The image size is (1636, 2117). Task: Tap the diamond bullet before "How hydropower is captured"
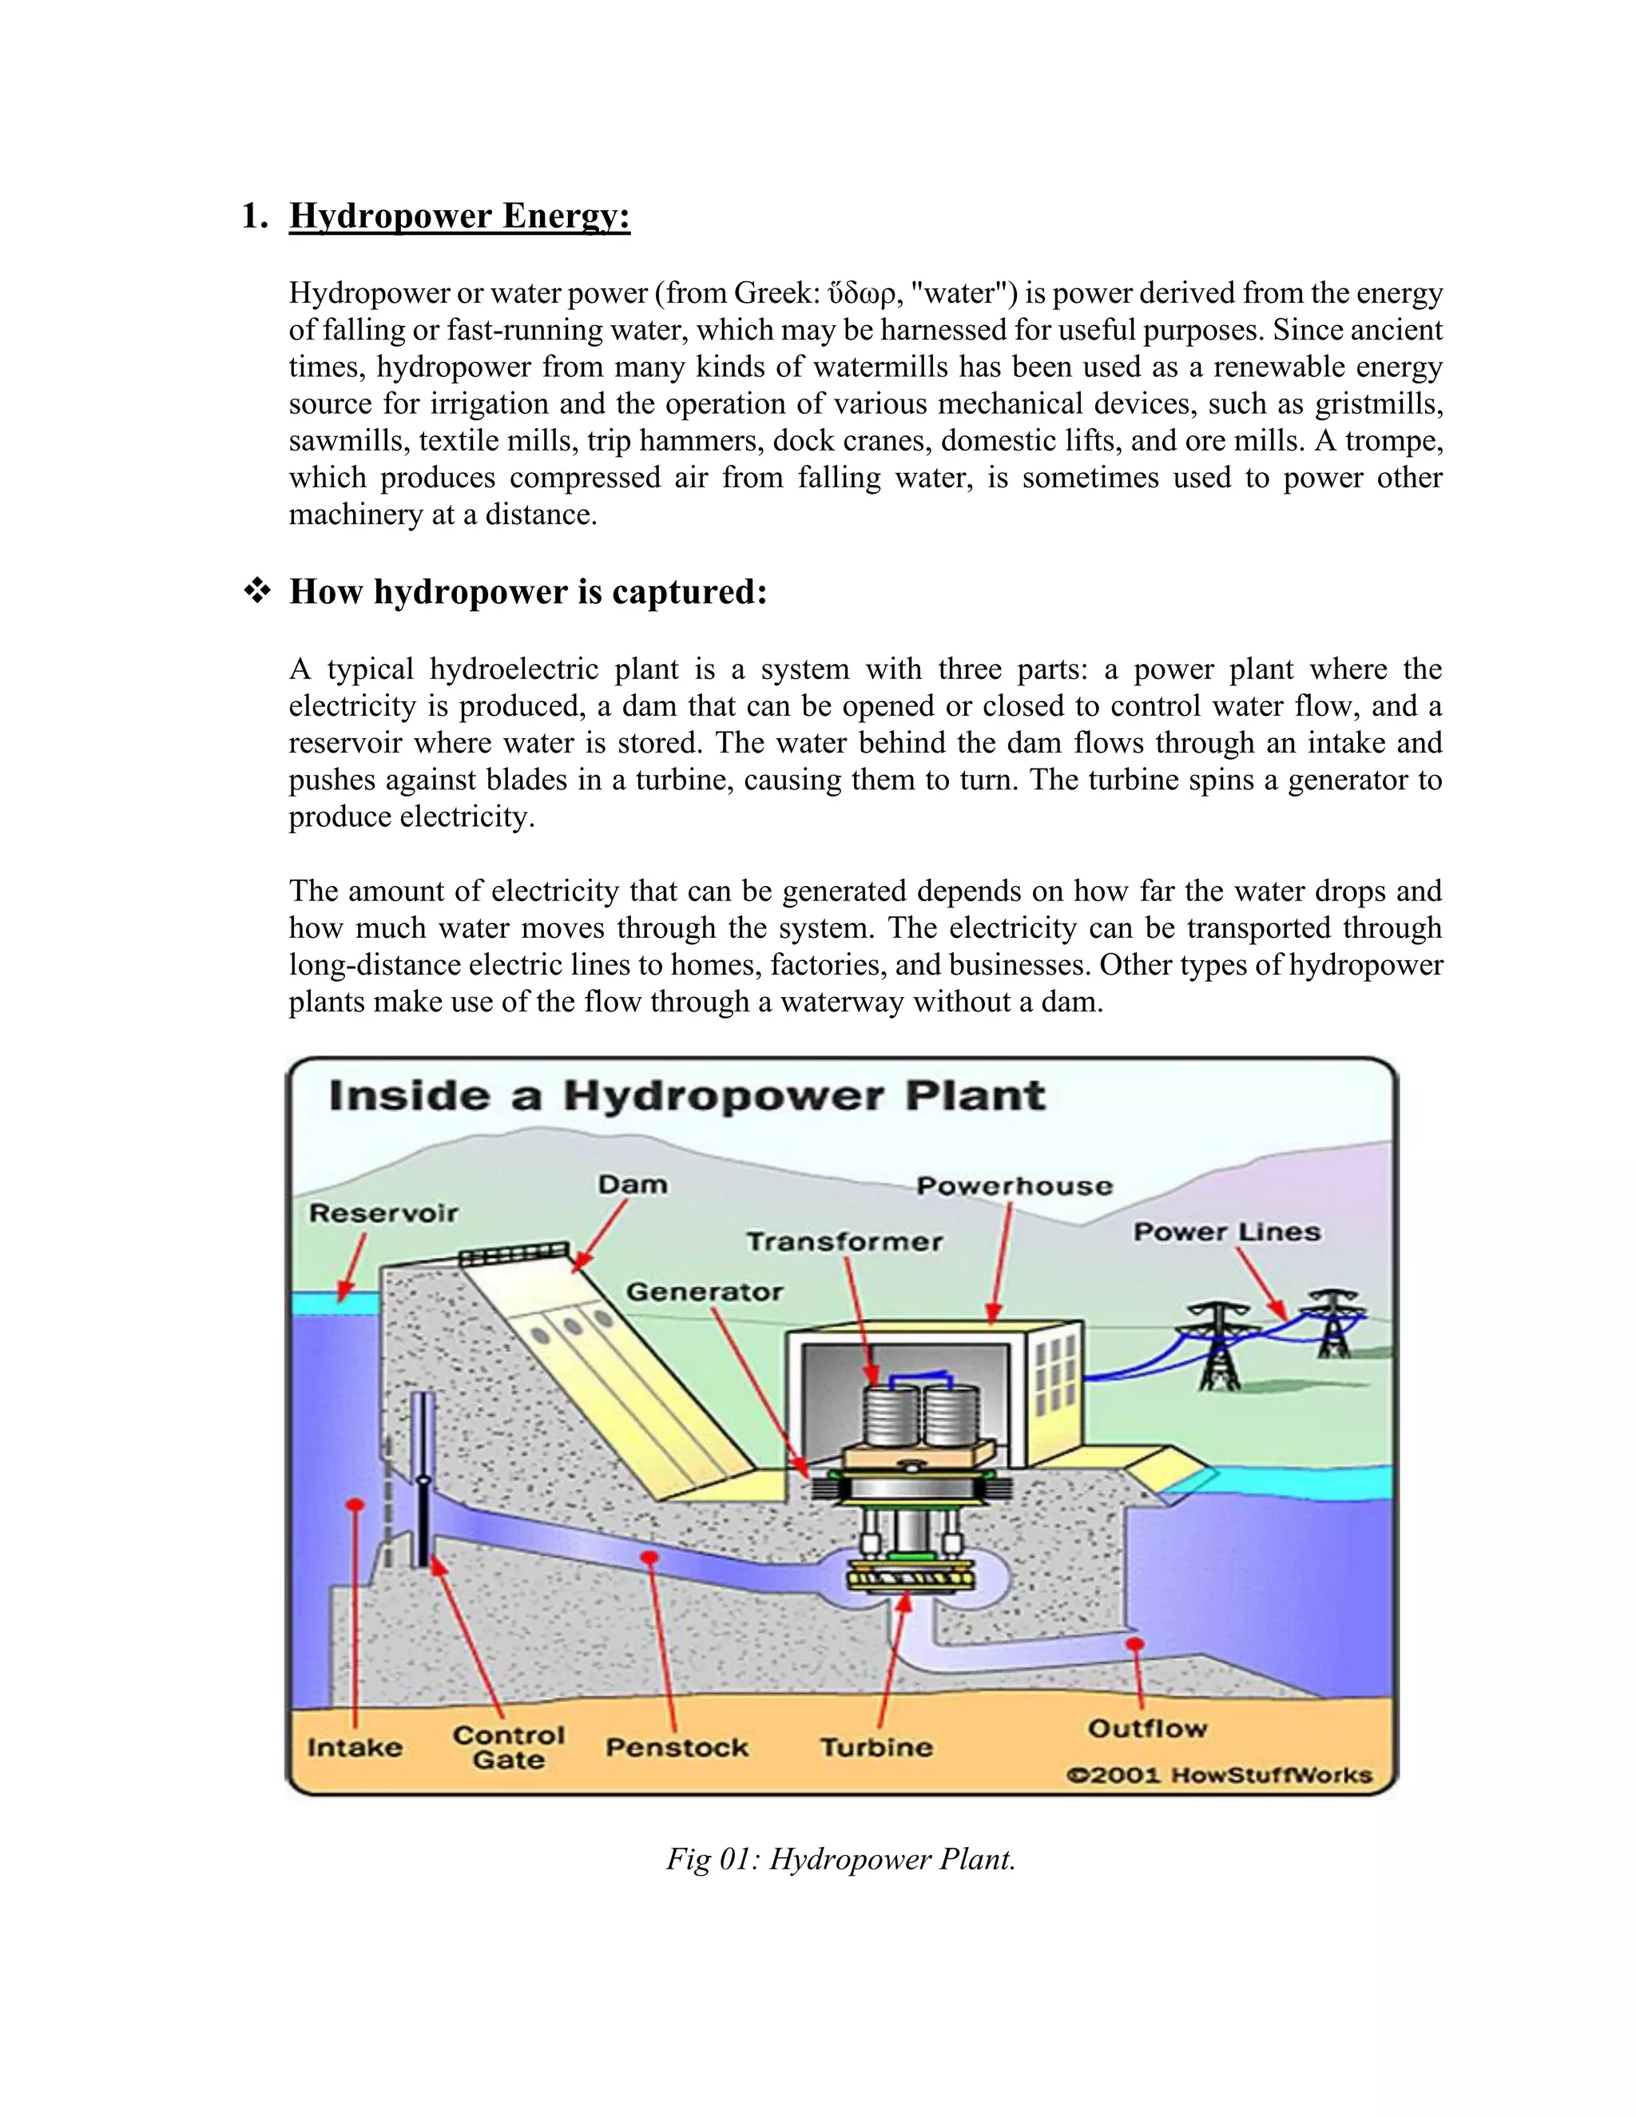pos(257,591)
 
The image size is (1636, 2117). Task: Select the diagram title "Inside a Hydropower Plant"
pos(687,1096)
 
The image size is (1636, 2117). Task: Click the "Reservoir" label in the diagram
pos(383,1213)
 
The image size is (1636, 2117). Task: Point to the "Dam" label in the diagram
pos(632,1185)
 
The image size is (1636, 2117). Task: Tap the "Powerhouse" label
pos(1015,1186)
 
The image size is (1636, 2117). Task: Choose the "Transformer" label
pos(844,1241)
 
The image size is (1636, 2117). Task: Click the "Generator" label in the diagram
pos(705,1292)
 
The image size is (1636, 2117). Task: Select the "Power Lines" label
pos(1227,1232)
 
